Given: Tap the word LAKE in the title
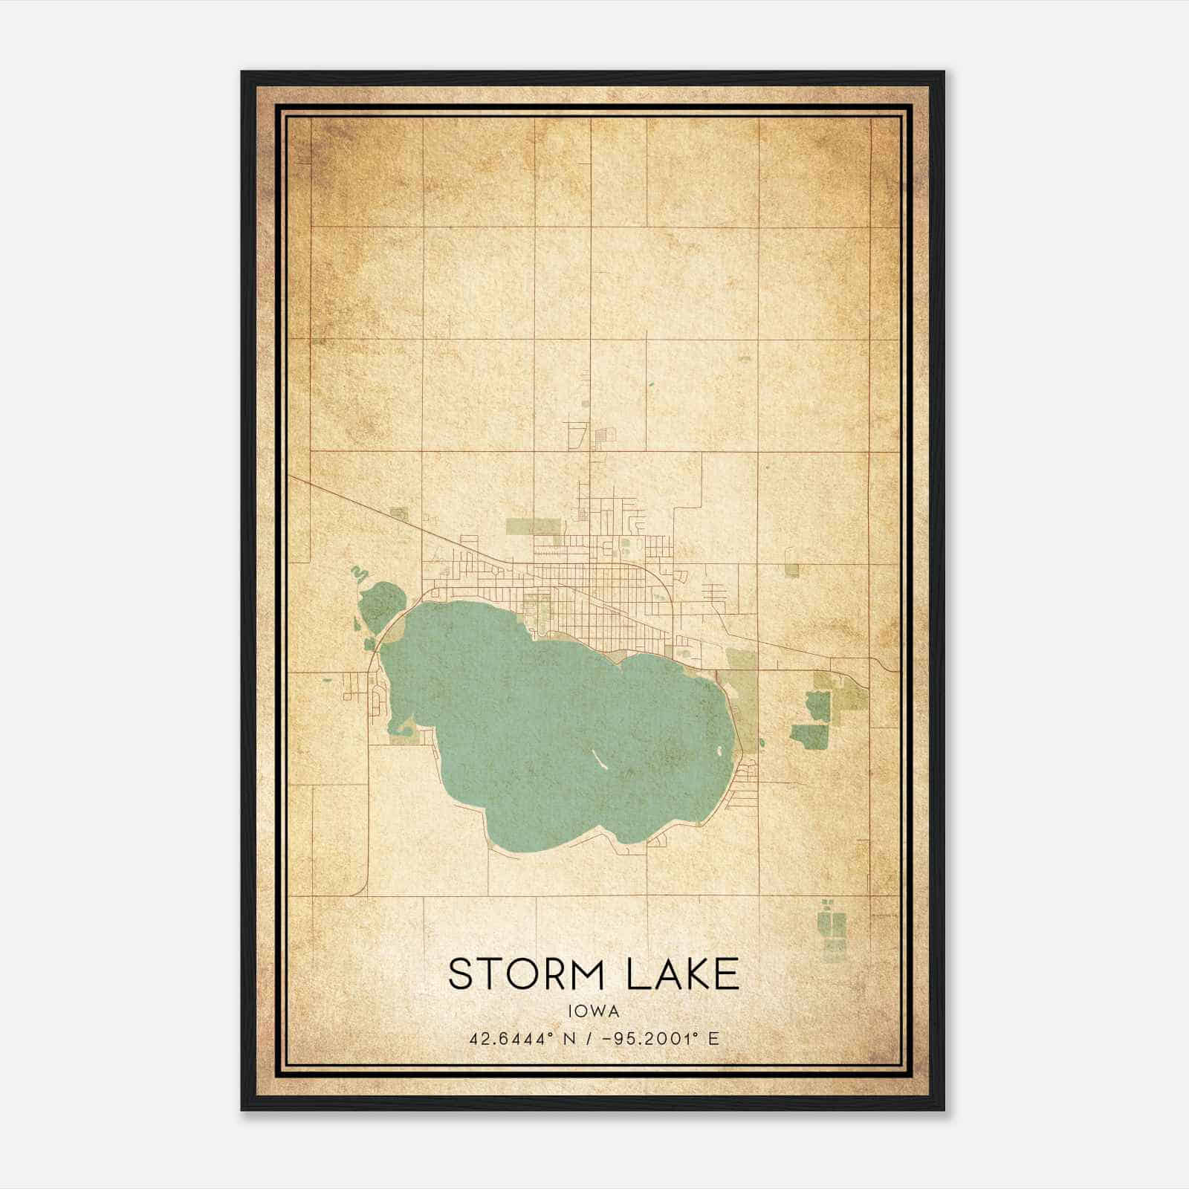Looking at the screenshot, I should point(683,974).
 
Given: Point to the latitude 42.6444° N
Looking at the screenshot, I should point(521,1039).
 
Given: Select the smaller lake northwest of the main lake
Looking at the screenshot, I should point(381,606).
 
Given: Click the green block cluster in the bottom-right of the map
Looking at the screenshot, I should point(831,925).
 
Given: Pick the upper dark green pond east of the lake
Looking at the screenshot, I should point(817,705).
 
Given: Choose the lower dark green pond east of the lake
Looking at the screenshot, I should point(809,736).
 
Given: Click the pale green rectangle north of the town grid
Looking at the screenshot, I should point(532,527).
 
